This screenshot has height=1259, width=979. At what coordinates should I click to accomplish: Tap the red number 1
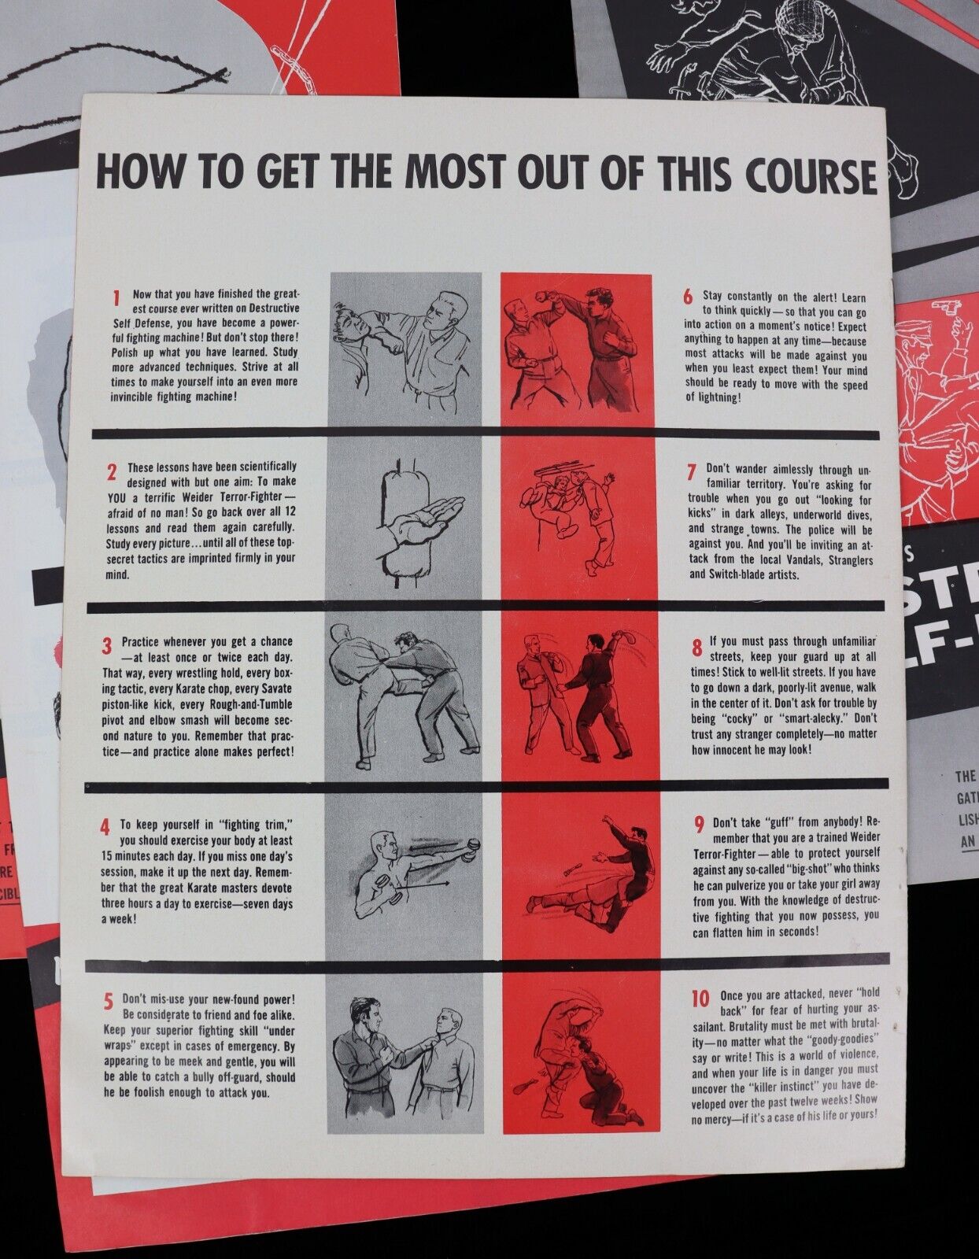pyautogui.click(x=116, y=299)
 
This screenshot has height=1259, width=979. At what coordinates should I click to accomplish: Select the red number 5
pyautogui.click(x=108, y=1002)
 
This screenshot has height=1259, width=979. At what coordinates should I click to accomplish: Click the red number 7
pyautogui.click(x=691, y=472)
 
